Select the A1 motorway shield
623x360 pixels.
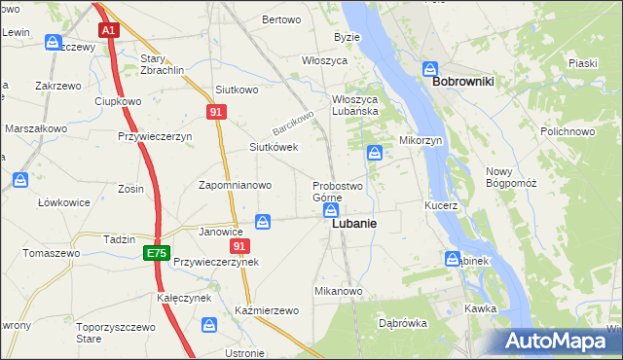109,30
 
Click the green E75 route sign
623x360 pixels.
156,253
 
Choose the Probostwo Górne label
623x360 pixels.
337,191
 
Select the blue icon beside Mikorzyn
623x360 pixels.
376,153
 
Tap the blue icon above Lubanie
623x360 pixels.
331,210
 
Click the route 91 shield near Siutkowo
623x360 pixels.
217,113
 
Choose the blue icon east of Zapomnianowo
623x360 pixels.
263,223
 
